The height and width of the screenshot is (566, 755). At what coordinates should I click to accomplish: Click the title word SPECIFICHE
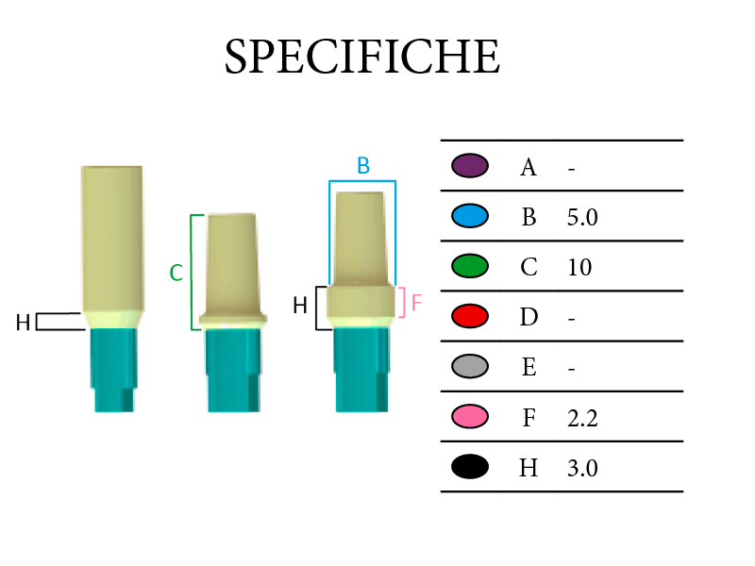coord(362,57)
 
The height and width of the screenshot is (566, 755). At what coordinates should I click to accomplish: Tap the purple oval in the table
coord(470,166)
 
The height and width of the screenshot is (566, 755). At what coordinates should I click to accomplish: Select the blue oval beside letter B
coord(470,216)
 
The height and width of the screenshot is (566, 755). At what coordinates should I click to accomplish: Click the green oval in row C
coord(470,266)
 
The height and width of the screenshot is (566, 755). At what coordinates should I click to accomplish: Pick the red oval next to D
coord(470,316)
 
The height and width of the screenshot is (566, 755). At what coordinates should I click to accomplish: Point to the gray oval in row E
coord(470,366)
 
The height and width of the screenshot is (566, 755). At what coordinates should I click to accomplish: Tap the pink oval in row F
coord(470,416)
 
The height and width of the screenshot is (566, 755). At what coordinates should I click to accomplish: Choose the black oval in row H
coord(470,466)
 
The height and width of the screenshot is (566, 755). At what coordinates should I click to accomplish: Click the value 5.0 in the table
coord(582,218)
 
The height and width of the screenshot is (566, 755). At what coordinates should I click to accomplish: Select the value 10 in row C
coord(579,267)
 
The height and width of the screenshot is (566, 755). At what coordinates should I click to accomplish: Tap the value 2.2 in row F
coord(582,418)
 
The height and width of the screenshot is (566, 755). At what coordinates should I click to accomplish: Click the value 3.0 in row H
coord(582,468)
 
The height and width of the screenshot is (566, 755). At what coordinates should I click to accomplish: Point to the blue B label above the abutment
coord(363,166)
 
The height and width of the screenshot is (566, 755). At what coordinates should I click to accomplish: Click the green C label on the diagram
coord(176,273)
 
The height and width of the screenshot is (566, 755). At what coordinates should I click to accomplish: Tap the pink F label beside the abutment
coord(416,303)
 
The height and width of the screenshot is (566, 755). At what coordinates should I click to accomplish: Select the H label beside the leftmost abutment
coord(23,323)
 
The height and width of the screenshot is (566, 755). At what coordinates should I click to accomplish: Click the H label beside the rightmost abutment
coord(300,306)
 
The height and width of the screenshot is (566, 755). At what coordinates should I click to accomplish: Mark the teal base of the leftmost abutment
coord(114,370)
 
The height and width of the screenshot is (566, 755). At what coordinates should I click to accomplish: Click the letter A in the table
coord(528,168)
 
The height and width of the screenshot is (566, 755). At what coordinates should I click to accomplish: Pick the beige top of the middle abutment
coord(232,265)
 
